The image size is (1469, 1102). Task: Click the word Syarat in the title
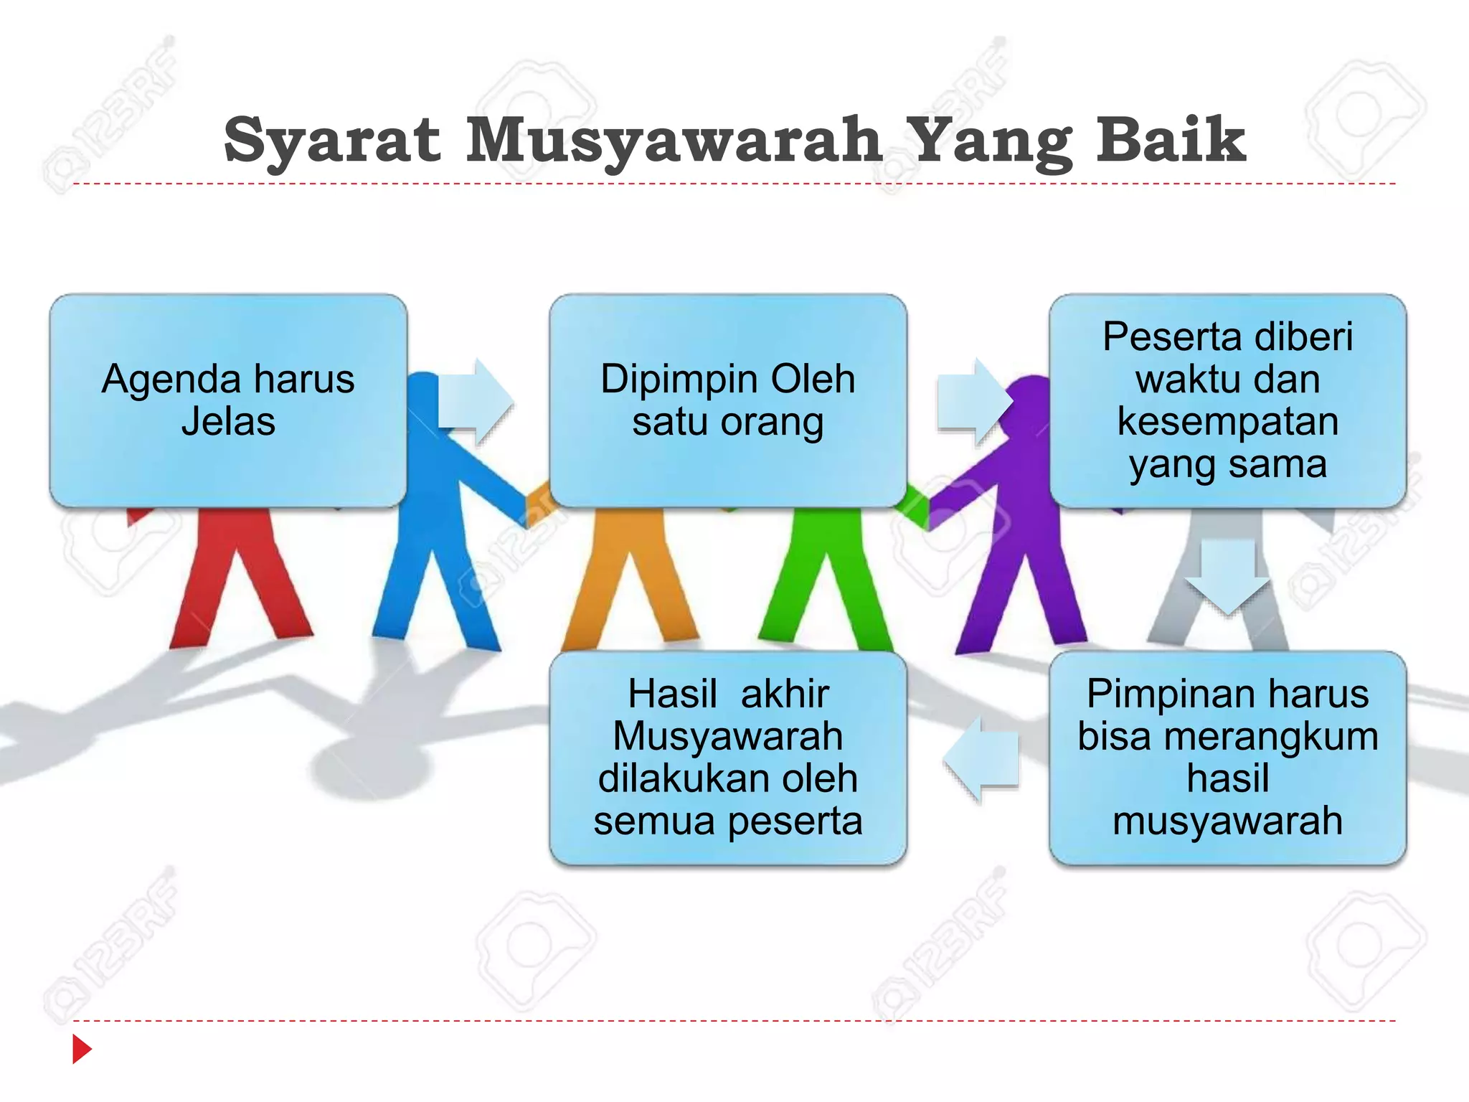point(331,141)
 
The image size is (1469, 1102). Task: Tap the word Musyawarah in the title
point(674,141)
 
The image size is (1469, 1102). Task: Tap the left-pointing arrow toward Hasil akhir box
point(981,758)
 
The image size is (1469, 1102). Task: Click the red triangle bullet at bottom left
point(82,1049)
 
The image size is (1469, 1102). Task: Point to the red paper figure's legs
point(237,581)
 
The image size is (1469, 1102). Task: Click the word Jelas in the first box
point(228,422)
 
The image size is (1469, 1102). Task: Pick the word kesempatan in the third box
point(1227,422)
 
